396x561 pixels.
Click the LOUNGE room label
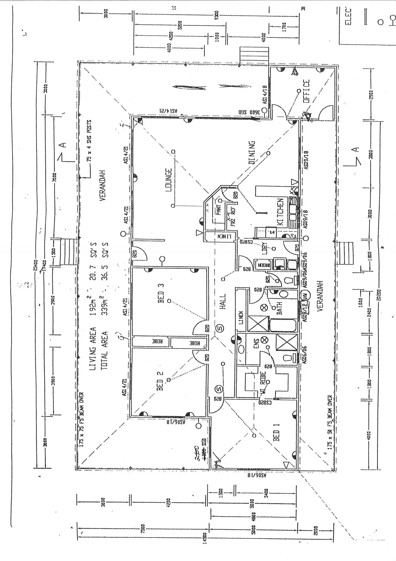(x=169, y=180)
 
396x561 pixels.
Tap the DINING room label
(x=252, y=153)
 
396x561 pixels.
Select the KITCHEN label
(x=280, y=212)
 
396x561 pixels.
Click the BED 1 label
(x=276, y=432)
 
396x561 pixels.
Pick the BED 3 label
(x=161, y=293)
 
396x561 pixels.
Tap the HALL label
(x=222, y=301)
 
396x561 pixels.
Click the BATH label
(x=279, y=308)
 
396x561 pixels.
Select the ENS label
(x=256, y=344)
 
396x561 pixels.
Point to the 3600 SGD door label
(x=246, y=112)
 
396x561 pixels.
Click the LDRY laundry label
(x=265, y=248)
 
